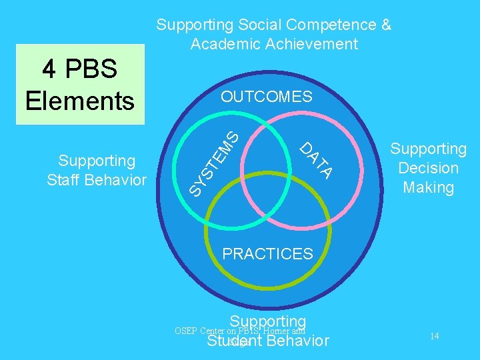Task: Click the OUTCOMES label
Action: (x=267, y=97)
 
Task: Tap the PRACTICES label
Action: (x=267, y=253)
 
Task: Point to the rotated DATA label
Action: (x=315, y=160)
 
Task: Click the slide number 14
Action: (x=434, y=337)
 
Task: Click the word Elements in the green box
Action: (x=79, y=101)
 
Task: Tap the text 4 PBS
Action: (x=79, y=69)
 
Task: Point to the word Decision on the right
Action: (x=428, y=168)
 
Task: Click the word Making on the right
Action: (x=428, y=187)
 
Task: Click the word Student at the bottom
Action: (x=234, y=341)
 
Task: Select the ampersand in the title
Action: (x=385, y=25)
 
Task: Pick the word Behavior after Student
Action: (x=297, y=341)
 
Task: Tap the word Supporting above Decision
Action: (x=428, y=149)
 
